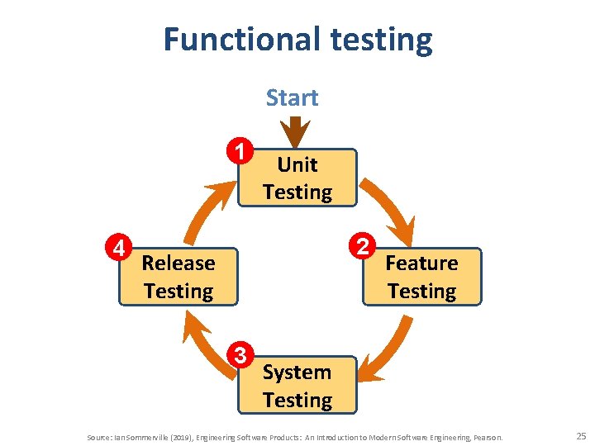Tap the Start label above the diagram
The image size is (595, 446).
[x=292, y=98]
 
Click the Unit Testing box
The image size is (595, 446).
[x=297, y=178]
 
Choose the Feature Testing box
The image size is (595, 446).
[x=421, y=277]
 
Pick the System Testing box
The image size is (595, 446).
[x=297, y=386]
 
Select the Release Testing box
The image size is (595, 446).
[x=178, y=277]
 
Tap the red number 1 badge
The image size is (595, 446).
[x=239, y=151]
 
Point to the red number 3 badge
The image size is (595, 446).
[x=240, y=355]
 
